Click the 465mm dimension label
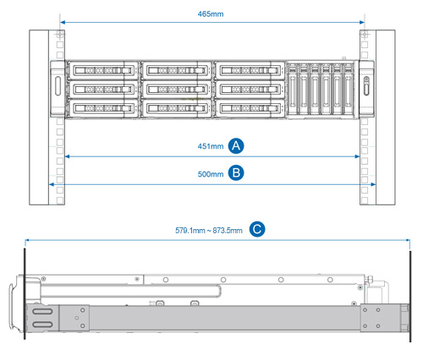point(211,14)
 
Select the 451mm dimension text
point(211,146)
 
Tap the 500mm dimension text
point(211,174)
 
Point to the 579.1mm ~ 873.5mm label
point(209,231)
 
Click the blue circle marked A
point(236,146)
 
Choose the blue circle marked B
point(236,172)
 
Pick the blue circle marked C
point(257,229)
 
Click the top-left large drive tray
point(103,70)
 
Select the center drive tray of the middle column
point(177,90)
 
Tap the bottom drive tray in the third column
point(250,108)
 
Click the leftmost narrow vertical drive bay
point(293,89)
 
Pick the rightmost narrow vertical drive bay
point(349,89)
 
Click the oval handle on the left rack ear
point(58,86)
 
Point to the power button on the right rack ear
point(366,79)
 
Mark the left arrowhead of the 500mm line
point(52,184)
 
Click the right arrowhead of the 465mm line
point(362,22)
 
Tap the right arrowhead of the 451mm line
point(357,156)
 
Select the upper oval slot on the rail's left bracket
point(42,312)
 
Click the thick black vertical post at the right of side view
point(410,297)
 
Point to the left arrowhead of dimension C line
point(27,240)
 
